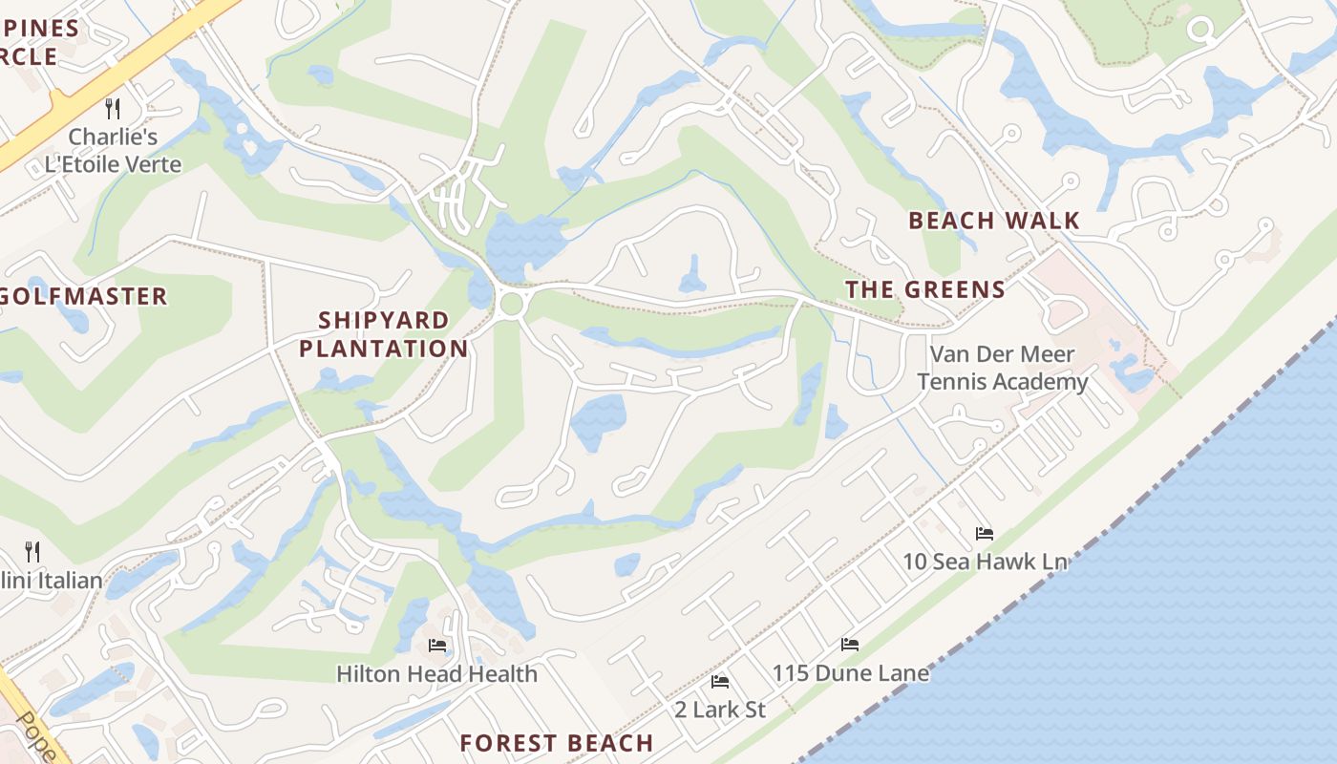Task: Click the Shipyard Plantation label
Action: (383, 334)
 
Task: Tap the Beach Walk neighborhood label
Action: (993, 221)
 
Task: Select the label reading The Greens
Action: (924, 289)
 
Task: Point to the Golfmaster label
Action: (84, 296)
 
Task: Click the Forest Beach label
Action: (556, 743)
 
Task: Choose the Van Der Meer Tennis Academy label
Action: (1002, 368)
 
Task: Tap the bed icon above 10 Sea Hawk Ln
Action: (984, 533)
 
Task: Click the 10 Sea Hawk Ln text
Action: (985, 562)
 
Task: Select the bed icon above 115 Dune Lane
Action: (849, 645)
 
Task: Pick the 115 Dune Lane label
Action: (850, 673)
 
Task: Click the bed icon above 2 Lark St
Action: (720, 682)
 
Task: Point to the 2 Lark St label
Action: (720, 710)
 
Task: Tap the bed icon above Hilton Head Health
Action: (437, 646)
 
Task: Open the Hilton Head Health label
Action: (436, 673)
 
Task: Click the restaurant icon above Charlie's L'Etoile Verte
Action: (113, 107)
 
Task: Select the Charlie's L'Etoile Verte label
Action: (113, 150)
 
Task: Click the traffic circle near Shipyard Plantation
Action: (512, 304)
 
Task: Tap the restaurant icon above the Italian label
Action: (32, 551)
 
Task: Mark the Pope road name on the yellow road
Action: (35, 736)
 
